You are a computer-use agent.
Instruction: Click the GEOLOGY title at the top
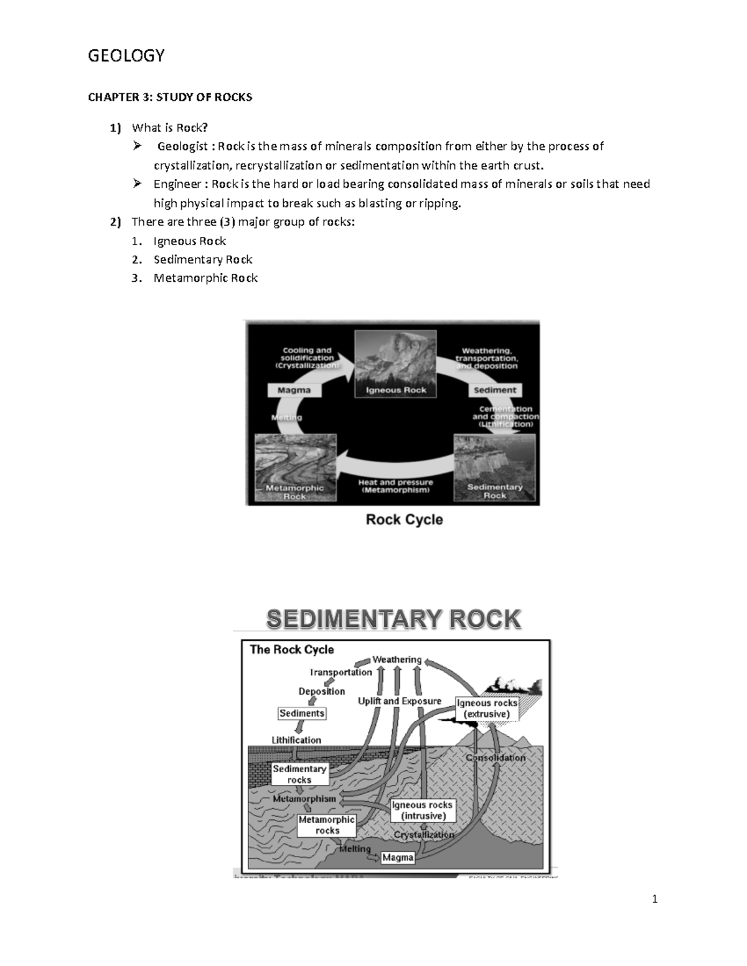pyautogui.click(x=126, y=56)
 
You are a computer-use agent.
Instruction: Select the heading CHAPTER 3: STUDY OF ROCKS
pyautogui.click(x=170, y=97)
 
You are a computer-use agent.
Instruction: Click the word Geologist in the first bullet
pyautogui.click(x=182, y=147)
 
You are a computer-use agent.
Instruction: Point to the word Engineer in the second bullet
pyautogui.click(x=179, y=184)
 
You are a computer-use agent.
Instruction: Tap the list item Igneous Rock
pyautogui.click(x=190, y=241)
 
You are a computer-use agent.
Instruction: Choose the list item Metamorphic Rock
pyautogui.click(x=205, y=278)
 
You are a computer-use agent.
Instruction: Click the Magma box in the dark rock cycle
pyautogui.click(x=294, y=390)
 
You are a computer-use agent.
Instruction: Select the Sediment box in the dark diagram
pyautogui.click(x=495, y=390)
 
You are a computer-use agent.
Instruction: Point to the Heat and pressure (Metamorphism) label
pyautogui.click(x=395, y=486)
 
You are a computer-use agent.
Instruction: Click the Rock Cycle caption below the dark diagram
pyautogui.click(x=404, y=519)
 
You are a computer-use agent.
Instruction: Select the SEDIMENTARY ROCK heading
pyautogui.click(x=393, y=620)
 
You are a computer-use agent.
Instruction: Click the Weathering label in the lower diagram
pyautogui.click(x=397, y=659)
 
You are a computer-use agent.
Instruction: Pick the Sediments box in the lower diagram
pyautogui.click(x=302, y=713)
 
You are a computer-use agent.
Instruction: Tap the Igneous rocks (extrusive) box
pyautogui.click(x=487, y=708)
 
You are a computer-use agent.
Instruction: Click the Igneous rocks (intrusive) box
pyautogui.click(x=423, y=810)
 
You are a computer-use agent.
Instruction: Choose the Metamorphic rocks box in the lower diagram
pyautogui.click(x=327, y=825)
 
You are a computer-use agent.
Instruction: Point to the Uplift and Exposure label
pyautogui.click(x=399, y=701)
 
